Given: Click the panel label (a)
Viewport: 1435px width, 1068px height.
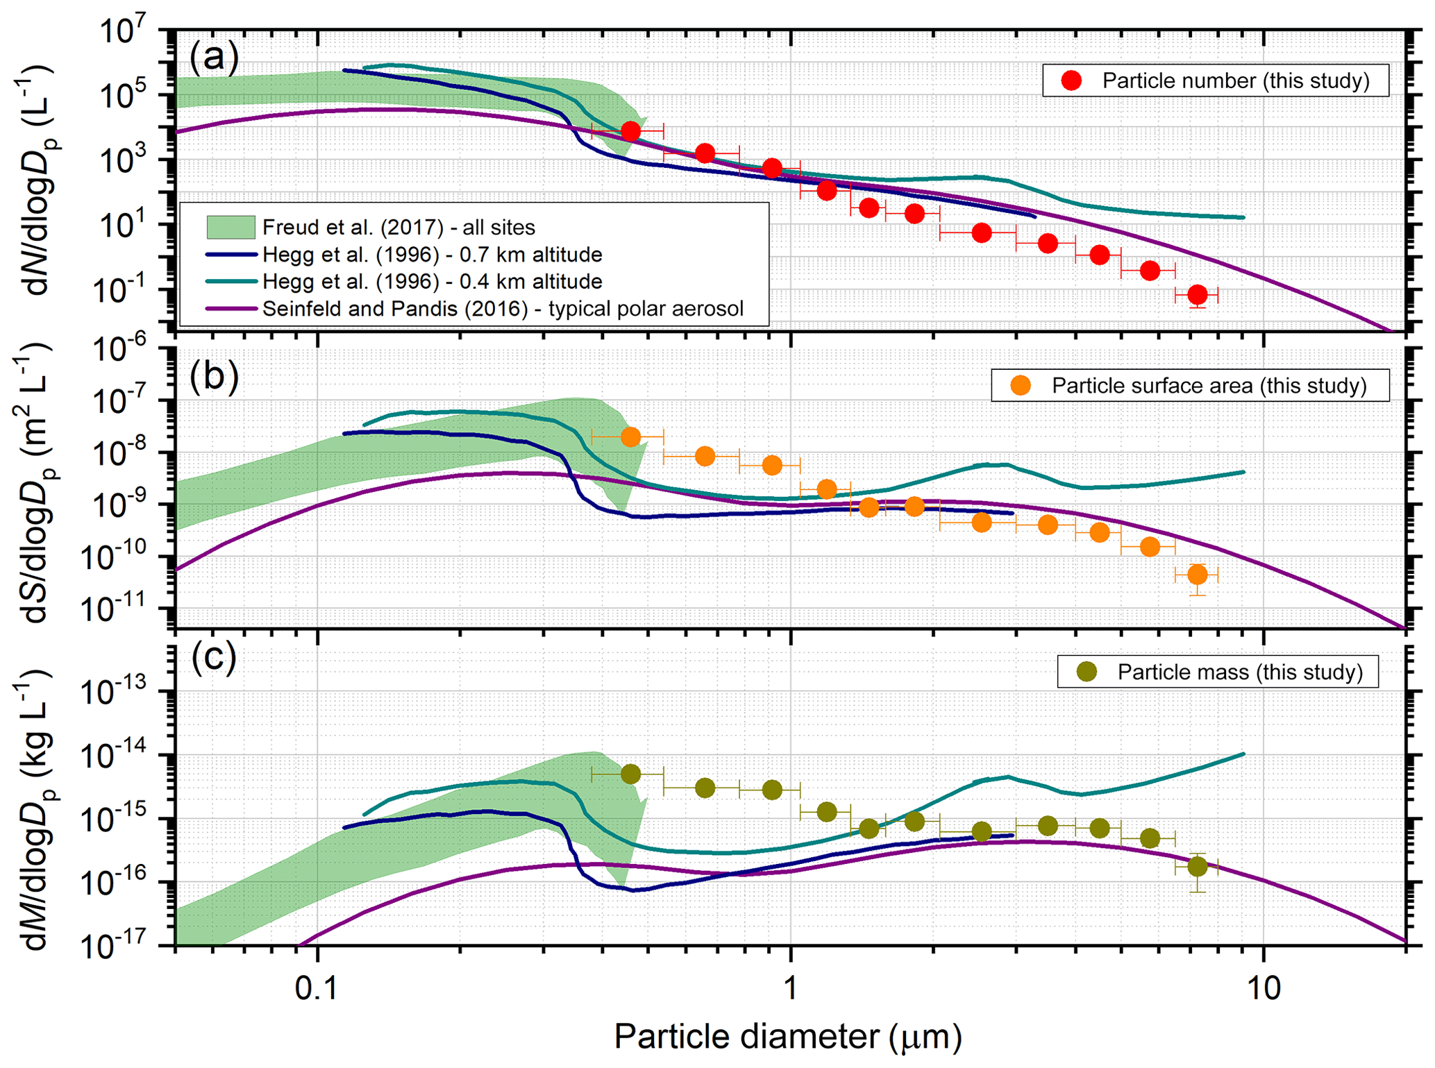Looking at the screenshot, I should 214,57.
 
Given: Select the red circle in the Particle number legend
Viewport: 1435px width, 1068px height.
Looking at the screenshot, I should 1071,80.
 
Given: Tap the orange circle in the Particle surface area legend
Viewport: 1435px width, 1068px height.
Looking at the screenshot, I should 1020,386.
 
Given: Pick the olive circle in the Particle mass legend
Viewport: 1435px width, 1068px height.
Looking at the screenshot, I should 1086,672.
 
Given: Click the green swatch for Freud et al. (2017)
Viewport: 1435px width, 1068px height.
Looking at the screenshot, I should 230,227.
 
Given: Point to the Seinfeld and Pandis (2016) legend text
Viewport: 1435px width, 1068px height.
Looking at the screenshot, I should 503,309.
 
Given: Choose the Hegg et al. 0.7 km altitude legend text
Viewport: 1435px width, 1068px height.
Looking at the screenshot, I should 432,255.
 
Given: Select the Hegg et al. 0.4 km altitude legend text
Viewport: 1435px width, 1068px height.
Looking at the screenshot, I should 432,282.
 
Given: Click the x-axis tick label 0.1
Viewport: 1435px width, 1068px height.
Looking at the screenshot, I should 317,988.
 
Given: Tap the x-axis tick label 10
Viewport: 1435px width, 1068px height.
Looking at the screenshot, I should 1263,988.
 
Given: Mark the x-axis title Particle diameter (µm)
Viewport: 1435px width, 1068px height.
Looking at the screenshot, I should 788,1037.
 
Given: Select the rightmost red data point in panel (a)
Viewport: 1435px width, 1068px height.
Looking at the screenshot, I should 1197,295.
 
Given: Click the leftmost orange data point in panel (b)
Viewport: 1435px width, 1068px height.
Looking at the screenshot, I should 630,437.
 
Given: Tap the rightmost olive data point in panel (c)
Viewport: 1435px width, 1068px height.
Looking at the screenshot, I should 1197,867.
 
